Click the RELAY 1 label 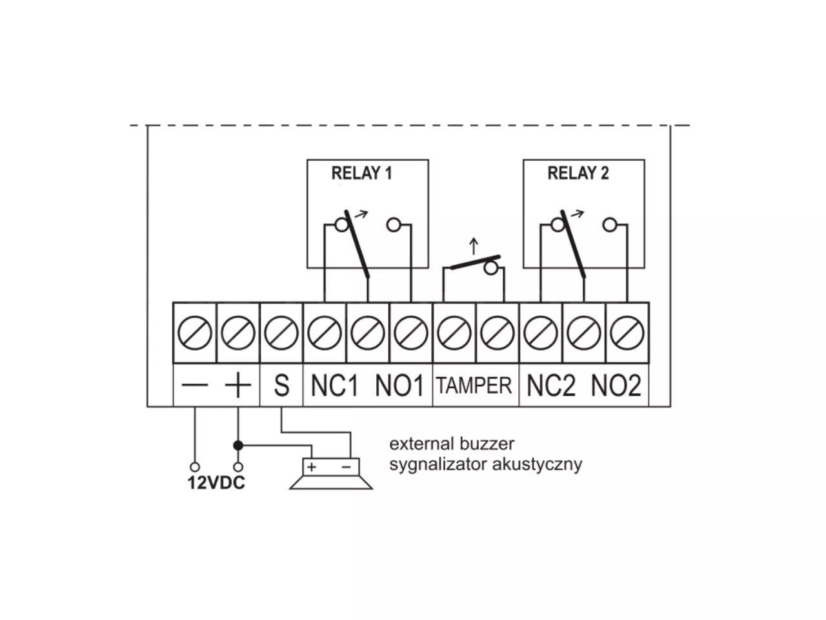(x=361, y=173)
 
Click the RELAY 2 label (x=578, y=173)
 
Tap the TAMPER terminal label (x=474, y=386)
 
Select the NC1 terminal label (x=334, y=386)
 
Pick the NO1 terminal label (x=399, y=386)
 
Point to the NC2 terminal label (x=551, y=386)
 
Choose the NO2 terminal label (x=616, y=386)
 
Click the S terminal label (x=281, y=386)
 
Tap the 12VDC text (x=216, y=482)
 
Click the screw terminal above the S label (x=281, y=333)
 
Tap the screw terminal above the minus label (x=194, y=333)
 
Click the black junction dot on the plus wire (x=238, y=446)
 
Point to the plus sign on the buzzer (x=312, y=467)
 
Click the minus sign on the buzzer (x=346, y=467)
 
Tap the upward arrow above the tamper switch (x=474, y=246)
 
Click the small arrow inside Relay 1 (x=361, y=214)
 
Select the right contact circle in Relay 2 (x=610, y=225)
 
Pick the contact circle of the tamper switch (x=490, y=269)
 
